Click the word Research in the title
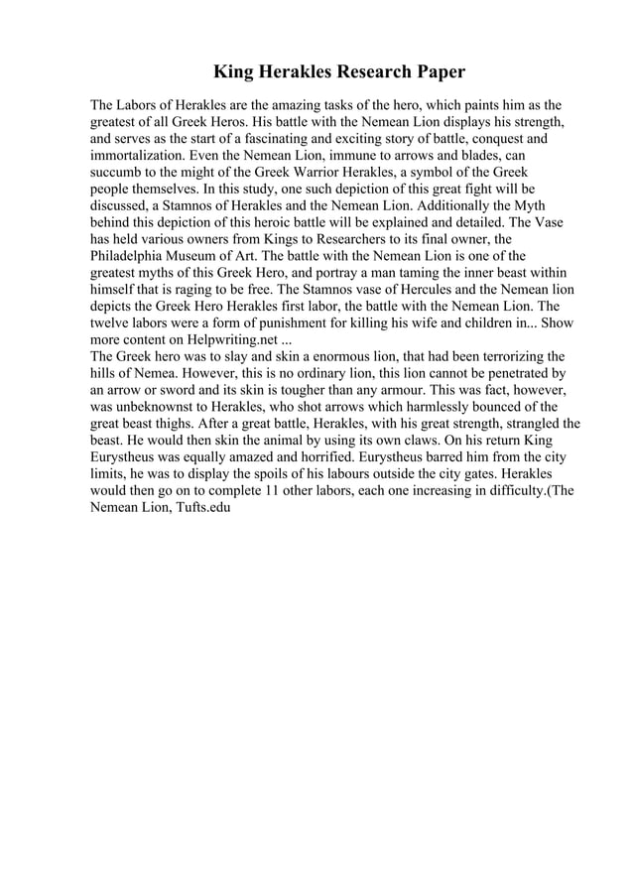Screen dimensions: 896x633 pos(379,73)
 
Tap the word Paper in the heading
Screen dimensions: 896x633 pos(442,73)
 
